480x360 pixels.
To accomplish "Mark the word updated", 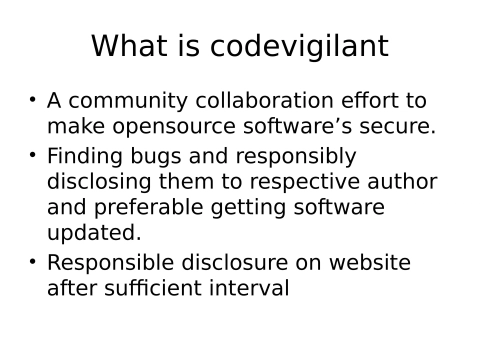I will coord(94,232).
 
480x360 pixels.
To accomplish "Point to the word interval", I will coord(252,289).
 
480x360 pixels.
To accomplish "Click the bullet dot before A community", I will coord(32,101).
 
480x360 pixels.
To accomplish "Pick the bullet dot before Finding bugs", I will coord(32,156).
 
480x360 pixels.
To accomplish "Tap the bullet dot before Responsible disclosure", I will coord(32,262).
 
